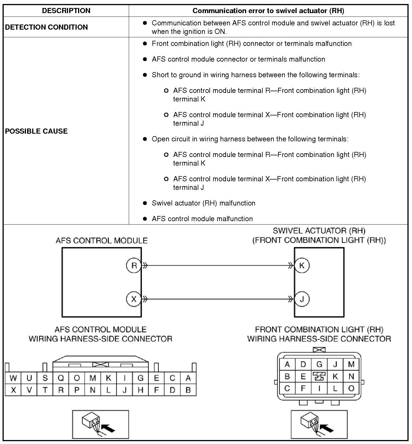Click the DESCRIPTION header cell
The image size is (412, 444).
pyautogui.click(x=66, y=11)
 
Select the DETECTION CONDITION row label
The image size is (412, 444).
pyautogui.click(x=46, y=27)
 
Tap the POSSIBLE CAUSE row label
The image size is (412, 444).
pyautogui.click(x=36, y=131)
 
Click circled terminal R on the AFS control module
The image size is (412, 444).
pyautogui.click(x=134, y=266)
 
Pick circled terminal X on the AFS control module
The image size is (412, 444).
pyautogui.click(x=134, y=299)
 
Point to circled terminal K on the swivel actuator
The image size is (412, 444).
pyautogui.click(x=302, y=266)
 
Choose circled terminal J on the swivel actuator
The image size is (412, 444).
pyautogui.click(x=302, y=299)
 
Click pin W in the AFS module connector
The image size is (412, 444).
pyautogui.click(x=13, y=378)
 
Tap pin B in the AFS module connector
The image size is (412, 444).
pyautogui.click(x=188, y=390)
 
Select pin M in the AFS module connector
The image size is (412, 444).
pyautogui.click(x=93, y=378)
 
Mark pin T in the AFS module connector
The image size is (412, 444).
pyautogui.click(x=45, y=390)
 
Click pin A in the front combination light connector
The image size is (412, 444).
pyautogui.click(x=287, y=364)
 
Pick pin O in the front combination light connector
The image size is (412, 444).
pyautogui.click(x=351, y=388)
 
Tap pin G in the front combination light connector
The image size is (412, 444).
pyautogui.click(x=319, y=364)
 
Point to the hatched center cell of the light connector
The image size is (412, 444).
pyautogui.click(x=319, y=376)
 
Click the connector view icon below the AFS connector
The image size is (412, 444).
pyautogui.click(x=100, y=424)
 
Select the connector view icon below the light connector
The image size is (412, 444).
pyautogui.click(x=319, y=424)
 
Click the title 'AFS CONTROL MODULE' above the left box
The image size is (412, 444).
pyautogui.click(x=102, y=241)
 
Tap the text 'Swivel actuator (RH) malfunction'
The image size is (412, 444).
pyautogui.click(x=203, y=203)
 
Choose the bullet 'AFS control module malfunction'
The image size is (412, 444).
pyautogui.click(x=202, y=219)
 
